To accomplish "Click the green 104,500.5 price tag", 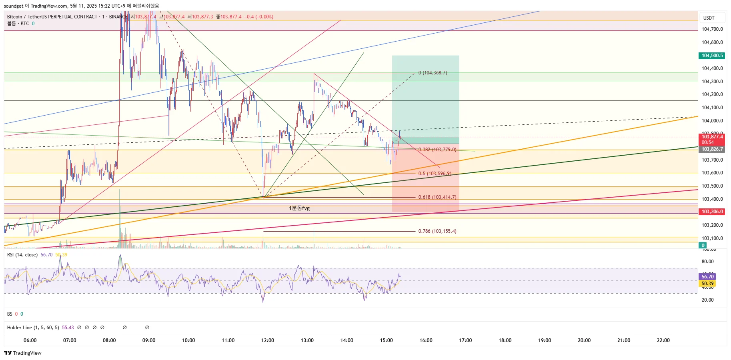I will [712, 56].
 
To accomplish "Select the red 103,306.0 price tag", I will [712, 212].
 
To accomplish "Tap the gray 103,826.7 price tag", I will [712, 149].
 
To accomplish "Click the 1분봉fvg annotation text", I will [299, 208].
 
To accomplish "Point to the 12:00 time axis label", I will [268, 340].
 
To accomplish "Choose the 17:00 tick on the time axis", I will [465, 340].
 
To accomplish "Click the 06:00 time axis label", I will [30, 340].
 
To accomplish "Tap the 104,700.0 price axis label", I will [712, 29].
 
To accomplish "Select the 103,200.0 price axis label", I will [712, 225].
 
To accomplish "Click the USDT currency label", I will [709, 18].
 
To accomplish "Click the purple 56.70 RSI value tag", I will [707, 276].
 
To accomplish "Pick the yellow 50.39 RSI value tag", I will [707, 284].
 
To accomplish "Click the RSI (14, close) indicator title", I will [22, 255].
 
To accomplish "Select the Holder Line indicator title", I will [33, 328].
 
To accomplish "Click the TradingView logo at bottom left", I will [23, 353].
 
